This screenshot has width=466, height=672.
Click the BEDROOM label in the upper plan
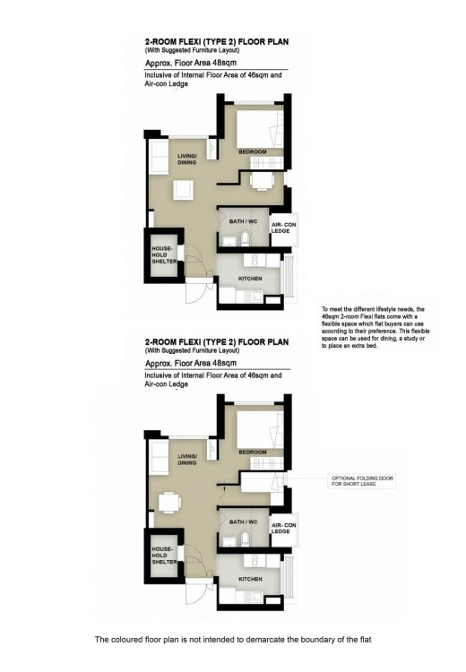(253, 152)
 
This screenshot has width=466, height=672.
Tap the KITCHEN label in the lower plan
(250, 579)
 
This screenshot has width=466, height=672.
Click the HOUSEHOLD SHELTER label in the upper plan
(163, 254)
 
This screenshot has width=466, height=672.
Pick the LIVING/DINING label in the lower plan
(186, 459)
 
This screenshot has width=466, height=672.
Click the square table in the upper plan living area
(183, 188)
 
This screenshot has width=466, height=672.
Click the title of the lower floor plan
(216, 342)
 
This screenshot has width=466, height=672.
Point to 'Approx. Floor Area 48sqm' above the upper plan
(184, 64)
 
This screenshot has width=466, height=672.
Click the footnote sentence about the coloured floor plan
(232, 640)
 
